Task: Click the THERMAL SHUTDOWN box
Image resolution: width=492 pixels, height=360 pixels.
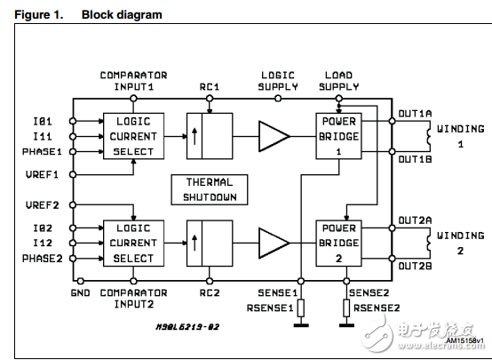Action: point(210,189)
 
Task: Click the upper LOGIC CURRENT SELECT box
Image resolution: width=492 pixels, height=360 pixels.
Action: point(131,136)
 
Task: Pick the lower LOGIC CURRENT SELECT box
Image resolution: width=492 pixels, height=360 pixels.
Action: point(131,243)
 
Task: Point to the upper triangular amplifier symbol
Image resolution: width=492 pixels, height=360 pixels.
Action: point(274,136)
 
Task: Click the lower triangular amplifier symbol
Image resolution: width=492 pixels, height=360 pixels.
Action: point(274,243)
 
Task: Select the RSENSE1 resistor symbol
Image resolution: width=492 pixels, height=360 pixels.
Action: point(300,308)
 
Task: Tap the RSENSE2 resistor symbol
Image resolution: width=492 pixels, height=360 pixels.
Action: point(346,308)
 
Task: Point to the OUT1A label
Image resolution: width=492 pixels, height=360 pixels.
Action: point(414,115)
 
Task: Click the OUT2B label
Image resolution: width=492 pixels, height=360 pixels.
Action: point(414,266)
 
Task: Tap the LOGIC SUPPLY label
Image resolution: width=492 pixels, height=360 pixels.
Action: point(278,81)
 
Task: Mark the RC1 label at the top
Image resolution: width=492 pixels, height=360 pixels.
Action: point(210,86)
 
